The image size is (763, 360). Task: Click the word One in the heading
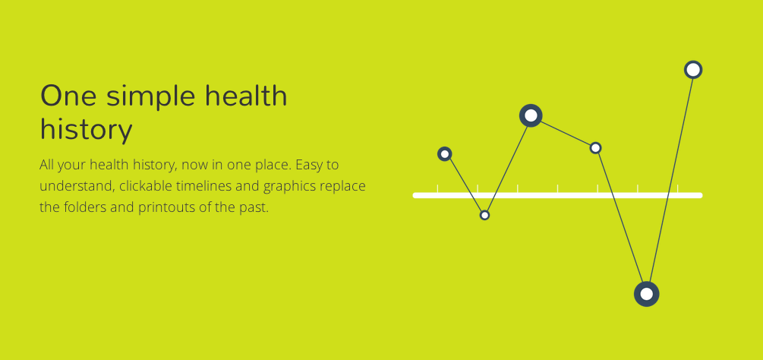tap(68, 96)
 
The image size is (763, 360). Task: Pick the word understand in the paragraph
tap(77, 186)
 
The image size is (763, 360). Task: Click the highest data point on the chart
tap(693, 70)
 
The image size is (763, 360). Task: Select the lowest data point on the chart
tap(646, 294)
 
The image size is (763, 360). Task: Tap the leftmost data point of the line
tap(444, 154)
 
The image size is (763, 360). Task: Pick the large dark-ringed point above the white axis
tap(531, 115)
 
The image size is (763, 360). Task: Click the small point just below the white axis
tap(484, 215)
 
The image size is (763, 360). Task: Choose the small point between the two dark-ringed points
tap(596, 148)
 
